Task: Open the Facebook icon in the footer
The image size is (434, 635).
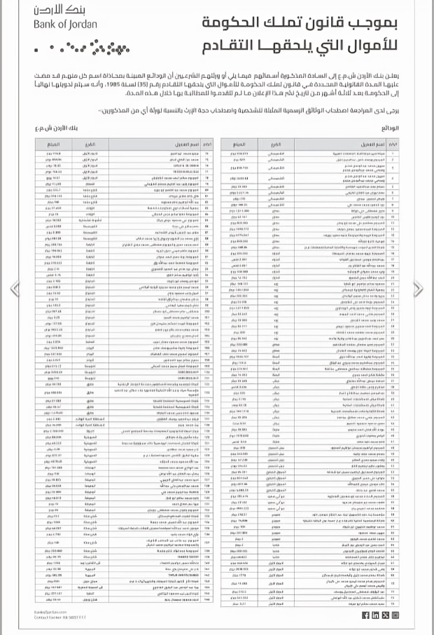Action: (365, 615)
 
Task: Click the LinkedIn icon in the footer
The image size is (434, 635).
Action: (375, 615)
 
